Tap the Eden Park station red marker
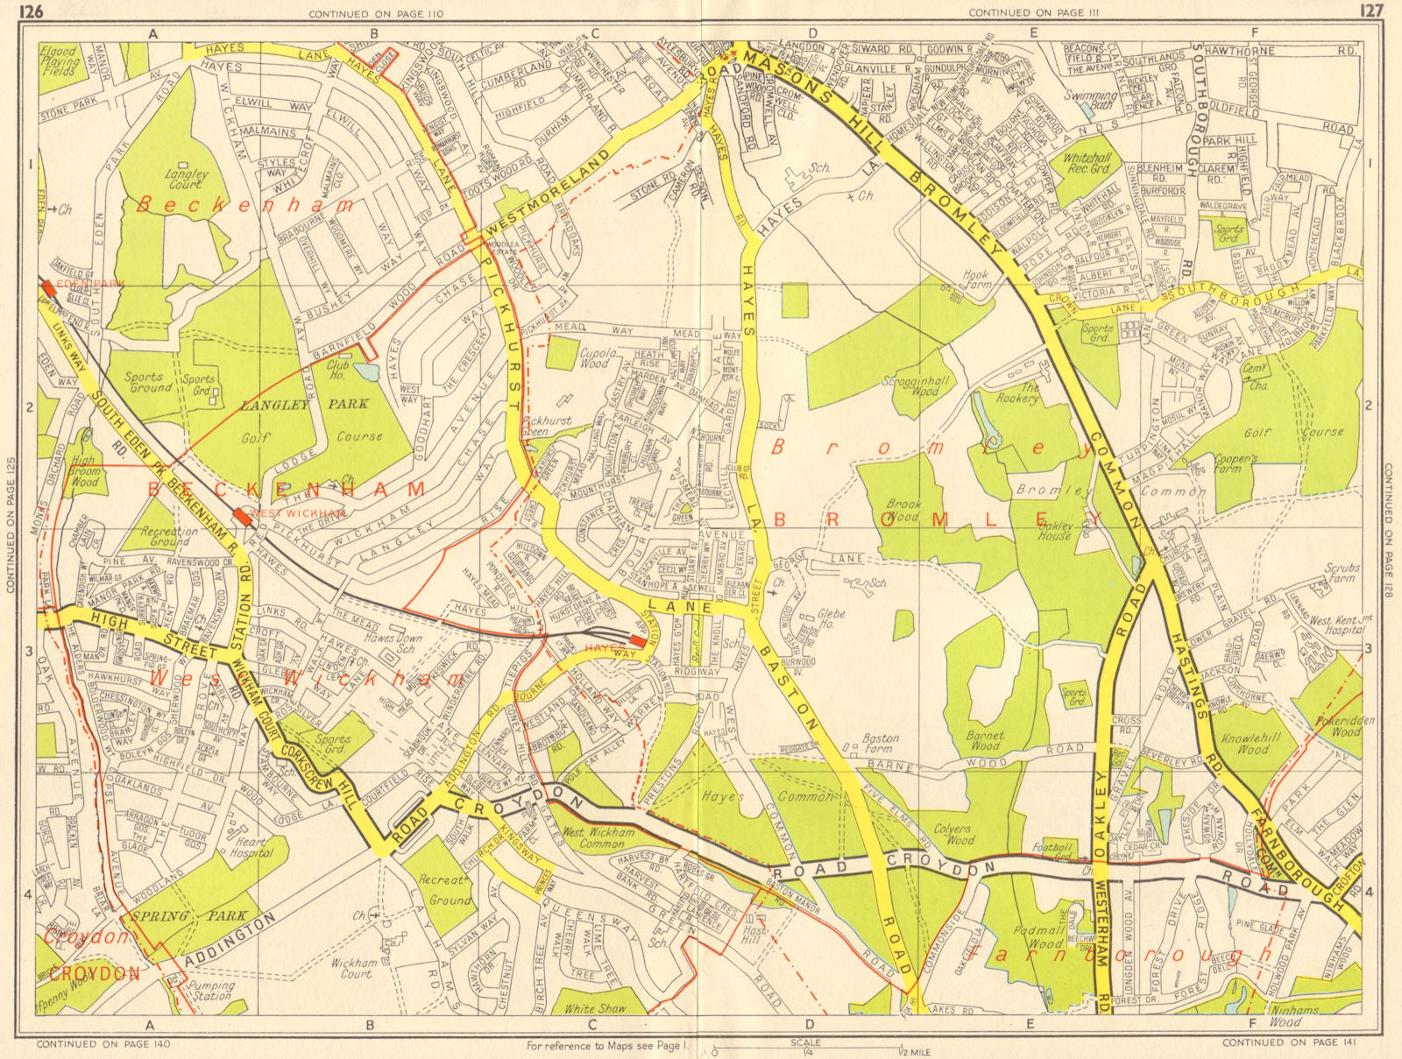coord(46,292)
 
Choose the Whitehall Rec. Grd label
coord(1087,163)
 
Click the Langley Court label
coord(188,179)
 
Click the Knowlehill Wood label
coord(1252,744)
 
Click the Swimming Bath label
coord(1090,100)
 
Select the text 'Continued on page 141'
coord(1280,1042)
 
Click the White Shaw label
coord(596,1008)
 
